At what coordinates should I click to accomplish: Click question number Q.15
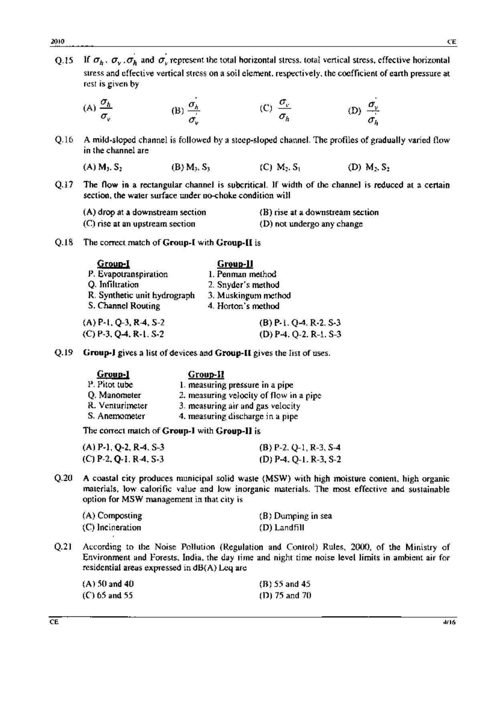click(x=64, y=61)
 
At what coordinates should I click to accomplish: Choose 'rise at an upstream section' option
click(x=139, y=224)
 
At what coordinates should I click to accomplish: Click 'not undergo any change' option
click(x=311, y=224)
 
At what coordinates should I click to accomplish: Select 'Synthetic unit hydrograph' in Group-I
click(x=141, y=296)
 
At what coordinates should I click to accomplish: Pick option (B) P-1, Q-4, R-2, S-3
click(x=300, y=323)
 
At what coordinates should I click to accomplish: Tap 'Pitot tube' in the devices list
click(x=110, y=385)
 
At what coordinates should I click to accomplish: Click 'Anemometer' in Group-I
click(x=116, y=416)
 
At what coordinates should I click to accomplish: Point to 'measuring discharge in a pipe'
click(x=238, y=416)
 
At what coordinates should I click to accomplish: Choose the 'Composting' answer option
click(x=112, y=516)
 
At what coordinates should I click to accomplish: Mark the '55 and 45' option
click(x=285, y=584)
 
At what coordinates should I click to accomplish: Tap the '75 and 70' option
click(x=285, y=596)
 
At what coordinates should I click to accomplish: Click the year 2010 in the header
click(x=58, y=42)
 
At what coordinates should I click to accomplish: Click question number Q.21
click(x=63, y=547)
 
